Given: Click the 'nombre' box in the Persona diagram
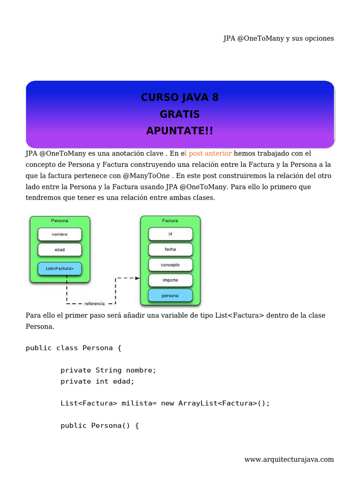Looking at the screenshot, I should pyautogui.click(x=60, y=234).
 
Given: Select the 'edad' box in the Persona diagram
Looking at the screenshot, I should pyautogui.click(x=60, y=249).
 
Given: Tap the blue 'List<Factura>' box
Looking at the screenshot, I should pyautogui.click(x=60, y=269).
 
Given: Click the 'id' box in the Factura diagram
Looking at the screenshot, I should pyautogui.click(x=170, y=233).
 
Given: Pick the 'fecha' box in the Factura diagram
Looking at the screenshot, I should pyautogui.click(x=170, y=249).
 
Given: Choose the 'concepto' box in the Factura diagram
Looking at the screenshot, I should pyautogui.click(x=170, y=265).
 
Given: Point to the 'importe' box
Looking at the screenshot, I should pyautogui.click(x=170, y=280).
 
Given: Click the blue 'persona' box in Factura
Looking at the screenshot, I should pyautogui.click(x=170, y=296).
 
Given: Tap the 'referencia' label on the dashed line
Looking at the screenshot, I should pyautogui.click(x=95, y=304).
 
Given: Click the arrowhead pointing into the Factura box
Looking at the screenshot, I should pyautogui.click(x=137, y=278).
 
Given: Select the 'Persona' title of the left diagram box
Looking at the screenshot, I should pyautogui.click(x=60, y=220).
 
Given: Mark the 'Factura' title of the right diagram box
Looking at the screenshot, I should pyautogui.click(x=170, y=220).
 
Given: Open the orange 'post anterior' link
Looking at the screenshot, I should pyautogui.click(x=210, y=153).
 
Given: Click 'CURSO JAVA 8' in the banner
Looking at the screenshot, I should pyautogui.click(x=180, y=97).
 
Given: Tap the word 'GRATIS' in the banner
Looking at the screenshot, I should pyautogui.click(x=180, y=114).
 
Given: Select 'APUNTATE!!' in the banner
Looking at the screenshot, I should pyautogui.click(x=180, y=131).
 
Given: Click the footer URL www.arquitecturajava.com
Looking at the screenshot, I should pyautogui.click(x=289, y=459).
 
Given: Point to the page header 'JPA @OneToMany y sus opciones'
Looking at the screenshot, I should pyautogui.click(x=278, y=38).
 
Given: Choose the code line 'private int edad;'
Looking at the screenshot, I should pyautogui.click(x=97, y=382).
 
